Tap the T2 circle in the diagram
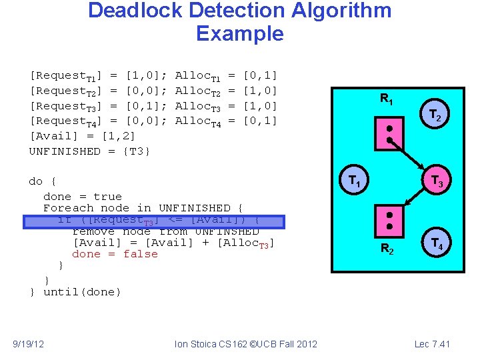(434, 117)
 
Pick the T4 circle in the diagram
(437, 243)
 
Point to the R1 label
(387, 100)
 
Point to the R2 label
(387, 250)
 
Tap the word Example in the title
(240, 33)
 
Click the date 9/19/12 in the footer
(29, 344)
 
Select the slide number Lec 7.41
(432, 344)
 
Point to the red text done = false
(115, 254)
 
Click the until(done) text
(82, 292)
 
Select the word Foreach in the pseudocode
(65, 208)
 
